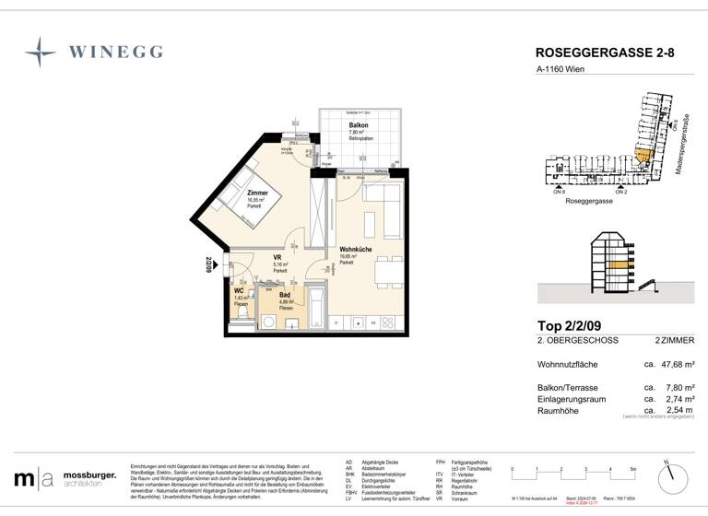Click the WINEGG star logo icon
tap(40, 53)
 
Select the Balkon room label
tap(359, 125)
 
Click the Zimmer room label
tap(256, 193)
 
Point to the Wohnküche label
tap(354, 249)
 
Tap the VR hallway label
tap(278, 258)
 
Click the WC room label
tap(239, 290)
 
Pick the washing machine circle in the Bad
tap(269, 322)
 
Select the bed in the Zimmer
tap(242, 194)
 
